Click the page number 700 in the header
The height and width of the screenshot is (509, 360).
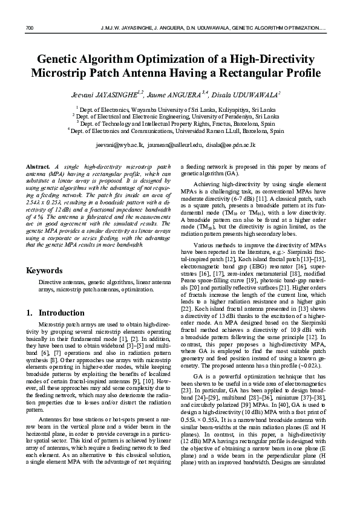coord(28,28)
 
